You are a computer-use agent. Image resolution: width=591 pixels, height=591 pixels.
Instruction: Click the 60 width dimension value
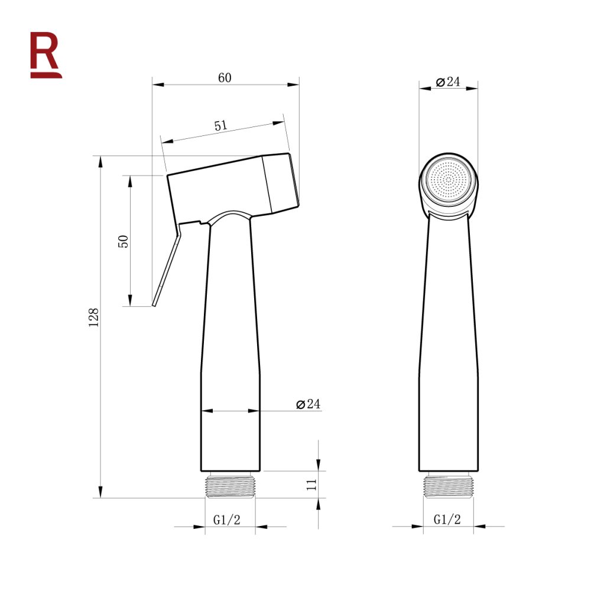click(225, 77)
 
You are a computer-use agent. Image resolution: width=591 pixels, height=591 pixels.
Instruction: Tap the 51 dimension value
click(220, 126)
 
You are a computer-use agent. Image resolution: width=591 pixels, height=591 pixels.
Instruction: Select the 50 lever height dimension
click(124, 241)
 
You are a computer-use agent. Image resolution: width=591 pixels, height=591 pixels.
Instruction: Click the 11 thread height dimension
click(312, 485)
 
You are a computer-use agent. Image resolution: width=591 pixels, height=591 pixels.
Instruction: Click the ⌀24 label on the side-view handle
click(308, 404)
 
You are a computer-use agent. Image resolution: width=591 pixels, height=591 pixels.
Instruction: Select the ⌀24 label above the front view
click(448, 82)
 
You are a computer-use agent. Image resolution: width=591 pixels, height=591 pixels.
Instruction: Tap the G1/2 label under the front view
click(447, 519)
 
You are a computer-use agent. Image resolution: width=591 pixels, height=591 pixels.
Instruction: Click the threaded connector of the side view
click(230, 485)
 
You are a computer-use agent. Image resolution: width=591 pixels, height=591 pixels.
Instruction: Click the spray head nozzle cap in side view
click(282, 182)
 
